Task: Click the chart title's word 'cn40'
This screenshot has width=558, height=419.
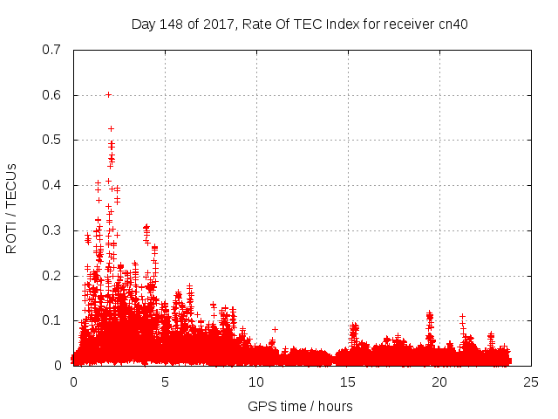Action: click(x=453, y=24)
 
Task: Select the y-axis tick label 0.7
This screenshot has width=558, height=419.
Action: click(x=51, y=50)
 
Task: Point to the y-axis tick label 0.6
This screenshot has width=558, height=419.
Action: click(x=51, y=95)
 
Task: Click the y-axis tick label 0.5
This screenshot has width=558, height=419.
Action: click(x=51, y=140)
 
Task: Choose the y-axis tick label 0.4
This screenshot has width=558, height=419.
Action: click(x=51, y=185)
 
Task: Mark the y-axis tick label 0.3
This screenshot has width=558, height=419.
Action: click(x=51, y=230)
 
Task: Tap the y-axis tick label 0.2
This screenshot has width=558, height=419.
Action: click(x=51, y=276)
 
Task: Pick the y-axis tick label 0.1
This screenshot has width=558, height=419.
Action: click(x=51, y=320)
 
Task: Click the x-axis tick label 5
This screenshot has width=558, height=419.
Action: click(x=165, y=382)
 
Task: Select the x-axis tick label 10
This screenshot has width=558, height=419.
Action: click(x=256, y=382)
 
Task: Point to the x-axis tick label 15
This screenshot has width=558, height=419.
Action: click(x=348, y=382)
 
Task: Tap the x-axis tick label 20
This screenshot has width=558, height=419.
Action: click(x=439, y=382)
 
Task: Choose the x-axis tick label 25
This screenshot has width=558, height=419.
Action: click(x=531, y=382)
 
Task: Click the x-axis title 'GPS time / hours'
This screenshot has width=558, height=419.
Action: click(x=300, y=406)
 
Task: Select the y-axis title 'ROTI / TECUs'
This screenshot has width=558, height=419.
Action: click(x=11, y=208)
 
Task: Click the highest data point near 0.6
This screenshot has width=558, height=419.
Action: click(x=108, y=94)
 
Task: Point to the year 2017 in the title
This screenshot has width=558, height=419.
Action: click(x=214, y=24)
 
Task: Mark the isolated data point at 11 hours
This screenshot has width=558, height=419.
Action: click(x=275, y=329)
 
